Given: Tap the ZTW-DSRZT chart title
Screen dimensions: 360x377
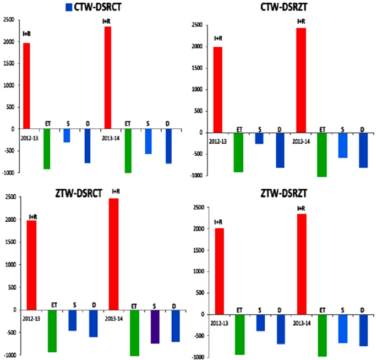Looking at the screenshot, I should pyautogui.click(x=281, y=193).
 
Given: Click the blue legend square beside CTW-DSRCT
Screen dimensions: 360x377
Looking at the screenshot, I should pyautogui.click(x=69, y=7).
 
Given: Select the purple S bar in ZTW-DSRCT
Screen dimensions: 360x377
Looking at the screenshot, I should pyautogui.click(x=155, y=326).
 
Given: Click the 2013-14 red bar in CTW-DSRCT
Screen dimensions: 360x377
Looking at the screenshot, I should pyautogui.click(x=108, y=78).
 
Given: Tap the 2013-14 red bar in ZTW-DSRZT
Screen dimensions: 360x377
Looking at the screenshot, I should pyautogui.click(x=301, y=264).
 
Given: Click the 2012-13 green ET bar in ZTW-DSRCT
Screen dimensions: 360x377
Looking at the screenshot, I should pyautogui.click(x=52, y=331).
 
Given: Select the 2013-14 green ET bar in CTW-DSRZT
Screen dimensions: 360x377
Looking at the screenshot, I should pyautogui.click(x=322, y=155).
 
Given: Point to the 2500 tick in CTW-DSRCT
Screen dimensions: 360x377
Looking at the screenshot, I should pyautogui.click(x=9, y=20).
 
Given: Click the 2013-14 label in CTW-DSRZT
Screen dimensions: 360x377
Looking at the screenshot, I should pyautogui.click(x=300, y=141).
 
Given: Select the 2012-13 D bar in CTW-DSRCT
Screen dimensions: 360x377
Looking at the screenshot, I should pyautogui.click(x=87, y=146).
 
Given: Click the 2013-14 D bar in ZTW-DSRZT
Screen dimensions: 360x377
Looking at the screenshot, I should pyautogui.click(x=363, y=330).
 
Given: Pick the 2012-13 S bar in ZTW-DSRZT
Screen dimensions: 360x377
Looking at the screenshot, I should pyautogui.click(x=260, y=323).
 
